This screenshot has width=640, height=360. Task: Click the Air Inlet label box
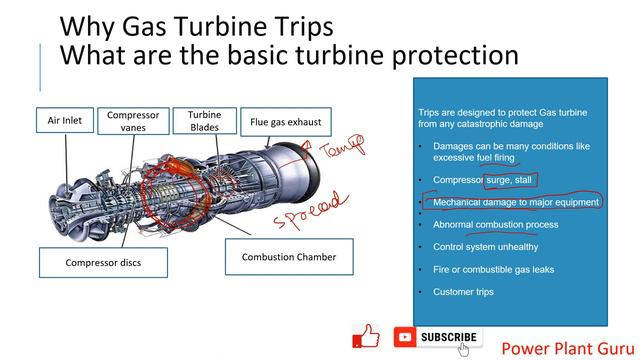click(x=71, y=122)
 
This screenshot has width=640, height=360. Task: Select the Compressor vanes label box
click(x=133, y=122)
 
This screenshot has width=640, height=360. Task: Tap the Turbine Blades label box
click(x=204, y=122)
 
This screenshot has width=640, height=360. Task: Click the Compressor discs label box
click(x=103, y=263)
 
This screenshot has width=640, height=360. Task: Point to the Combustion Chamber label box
click(x=289, y=257)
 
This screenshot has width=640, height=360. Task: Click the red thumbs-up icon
click(x=367, y=337)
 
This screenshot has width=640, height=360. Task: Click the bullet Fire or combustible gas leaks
click(x=493, y=269)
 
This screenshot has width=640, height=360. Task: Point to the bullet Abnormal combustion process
click(x=495, y=224)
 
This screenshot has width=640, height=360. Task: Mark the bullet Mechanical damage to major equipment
click(x=515, y=202)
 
